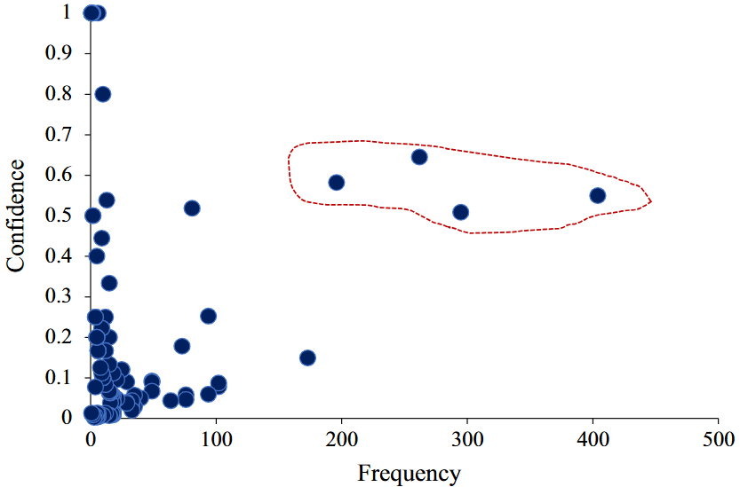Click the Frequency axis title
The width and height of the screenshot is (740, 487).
pos(410,473)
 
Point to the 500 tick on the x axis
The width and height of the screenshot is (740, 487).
pos(718,439)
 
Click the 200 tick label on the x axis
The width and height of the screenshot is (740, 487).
pos(341,439)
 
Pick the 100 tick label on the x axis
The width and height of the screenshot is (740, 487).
pos(216,439)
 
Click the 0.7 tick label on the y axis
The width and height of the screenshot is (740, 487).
pos(58,135)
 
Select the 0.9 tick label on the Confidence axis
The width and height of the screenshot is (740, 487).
pos(58,53)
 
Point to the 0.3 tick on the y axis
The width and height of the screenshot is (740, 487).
pos(58,296)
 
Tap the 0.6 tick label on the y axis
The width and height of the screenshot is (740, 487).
pos(58,175)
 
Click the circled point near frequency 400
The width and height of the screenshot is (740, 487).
pos(597,195)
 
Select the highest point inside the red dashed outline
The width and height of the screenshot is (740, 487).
pos(419,157)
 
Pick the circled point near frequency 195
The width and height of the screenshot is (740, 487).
pos(336,182)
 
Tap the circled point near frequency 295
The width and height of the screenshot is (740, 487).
pos(460,212)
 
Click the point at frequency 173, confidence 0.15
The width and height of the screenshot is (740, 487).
pos(307,357)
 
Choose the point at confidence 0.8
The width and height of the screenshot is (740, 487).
pos(102,94)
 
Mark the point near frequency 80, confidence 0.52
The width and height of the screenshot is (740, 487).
pos(191,208)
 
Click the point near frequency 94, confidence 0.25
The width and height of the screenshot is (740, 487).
pos(208,316)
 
